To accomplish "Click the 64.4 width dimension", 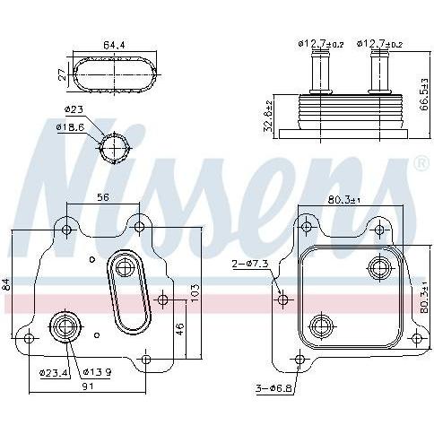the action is point(114,46).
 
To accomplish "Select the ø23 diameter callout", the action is point(74,109).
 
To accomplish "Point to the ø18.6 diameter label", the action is point(71,127).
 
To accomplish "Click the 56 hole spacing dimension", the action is point(103,197).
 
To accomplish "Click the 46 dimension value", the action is point(180,329).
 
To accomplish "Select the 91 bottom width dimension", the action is point(88,386).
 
